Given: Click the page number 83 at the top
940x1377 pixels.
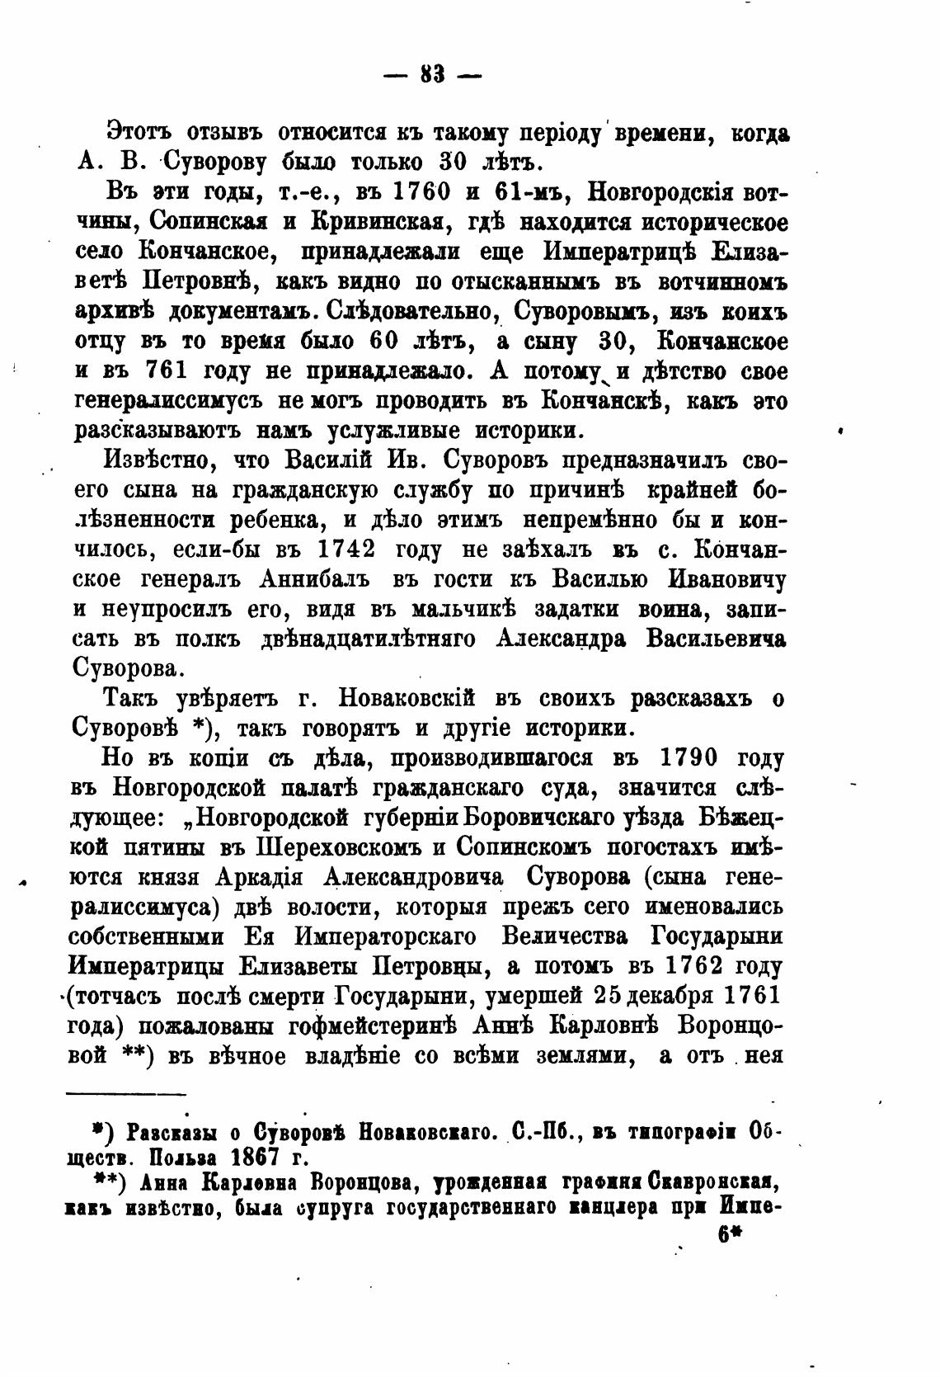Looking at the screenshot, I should (x=434, y=76).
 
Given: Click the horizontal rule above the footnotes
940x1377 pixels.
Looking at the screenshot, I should (x=126, y=1094).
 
